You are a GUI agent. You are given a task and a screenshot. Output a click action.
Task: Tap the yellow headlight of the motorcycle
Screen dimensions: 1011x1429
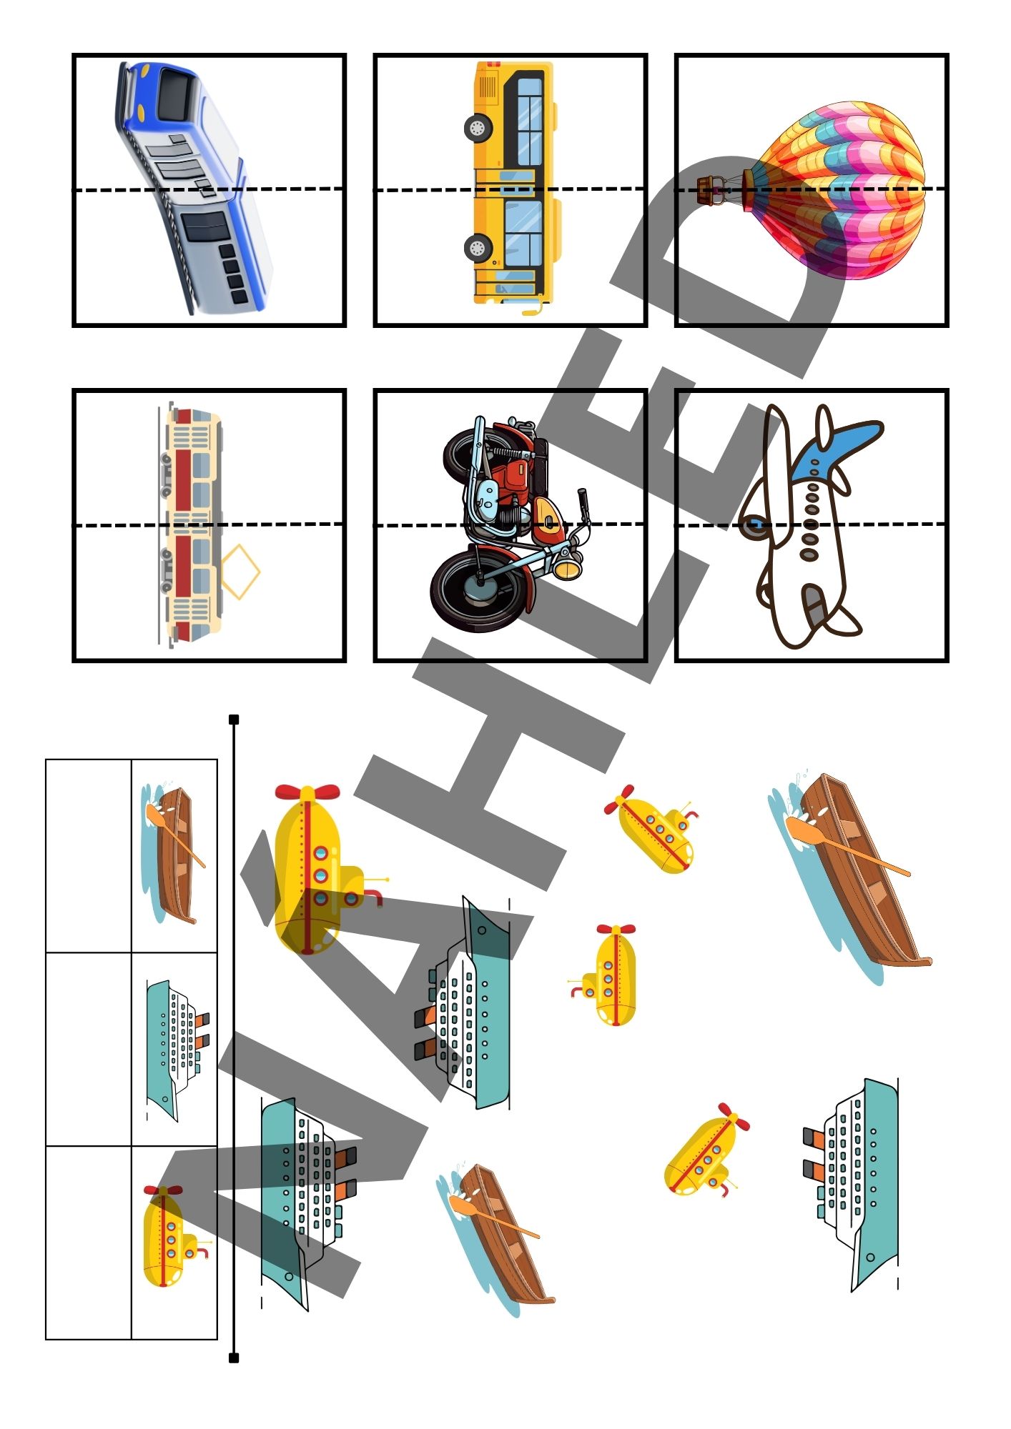(x=566, y=569)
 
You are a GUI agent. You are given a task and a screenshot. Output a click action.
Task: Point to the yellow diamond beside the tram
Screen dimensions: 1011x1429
(x=240, y=572)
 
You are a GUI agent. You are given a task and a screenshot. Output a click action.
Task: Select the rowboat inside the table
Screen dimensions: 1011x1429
(x=173, y=855)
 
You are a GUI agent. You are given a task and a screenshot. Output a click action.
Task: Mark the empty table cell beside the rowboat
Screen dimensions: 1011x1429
(x=89, y=856)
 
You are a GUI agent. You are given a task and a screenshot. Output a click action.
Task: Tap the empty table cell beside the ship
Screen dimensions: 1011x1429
(x=89, y=1049)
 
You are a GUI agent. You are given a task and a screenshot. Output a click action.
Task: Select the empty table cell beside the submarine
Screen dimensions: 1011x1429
(x=89, y=1243)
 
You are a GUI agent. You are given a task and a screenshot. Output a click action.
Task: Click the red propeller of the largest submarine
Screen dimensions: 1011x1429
(x=307, y=792)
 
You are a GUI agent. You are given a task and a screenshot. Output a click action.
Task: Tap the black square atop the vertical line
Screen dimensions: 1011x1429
(x=234, y=719)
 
